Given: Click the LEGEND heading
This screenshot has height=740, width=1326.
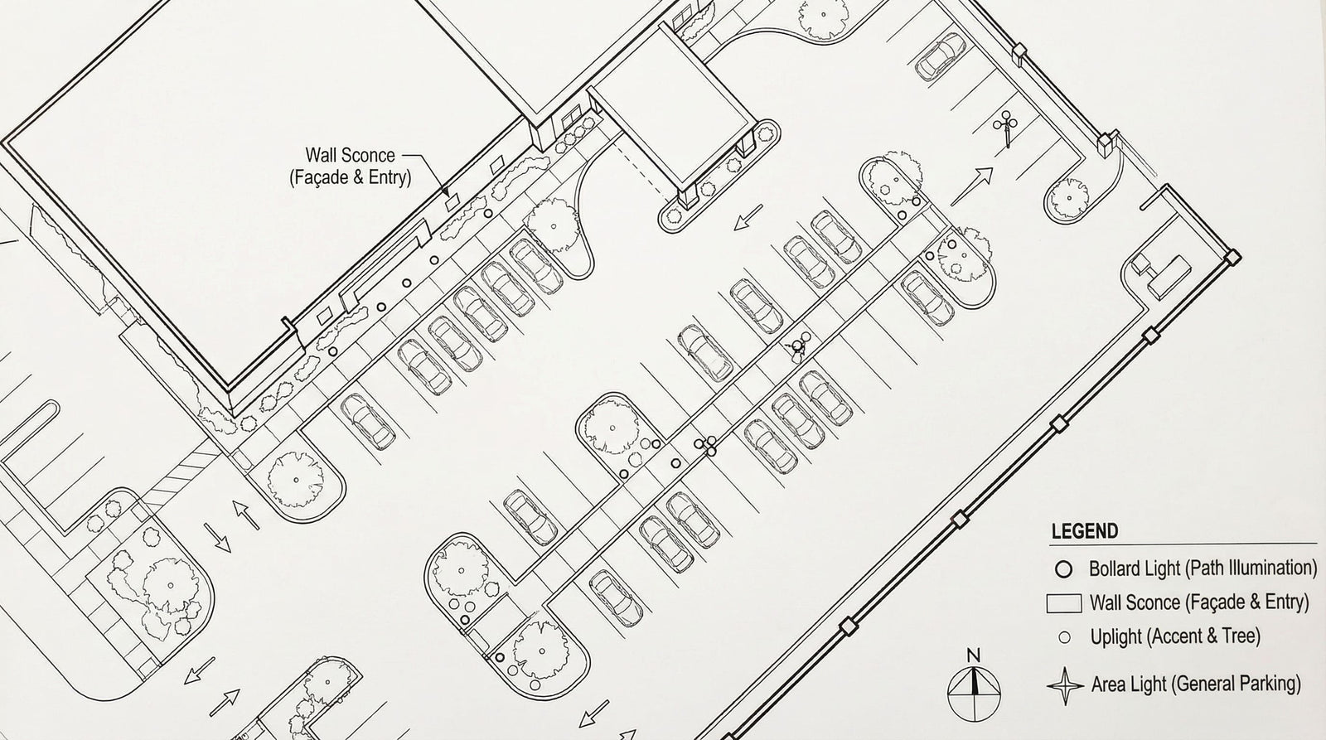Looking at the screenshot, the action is coord(1085,531).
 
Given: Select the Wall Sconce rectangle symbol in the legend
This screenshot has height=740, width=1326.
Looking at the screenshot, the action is coord(1064,603).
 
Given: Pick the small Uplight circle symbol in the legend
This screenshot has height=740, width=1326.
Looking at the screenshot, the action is coord(1064,637).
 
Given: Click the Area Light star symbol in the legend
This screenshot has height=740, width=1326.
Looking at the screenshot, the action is coord(1065,686).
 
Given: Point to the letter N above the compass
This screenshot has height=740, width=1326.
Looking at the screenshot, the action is coord(973,655).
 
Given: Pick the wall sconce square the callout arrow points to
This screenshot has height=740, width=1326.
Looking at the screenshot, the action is coord(452,202).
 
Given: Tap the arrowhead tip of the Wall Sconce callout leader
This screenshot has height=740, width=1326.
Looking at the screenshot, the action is coord(447,194).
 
